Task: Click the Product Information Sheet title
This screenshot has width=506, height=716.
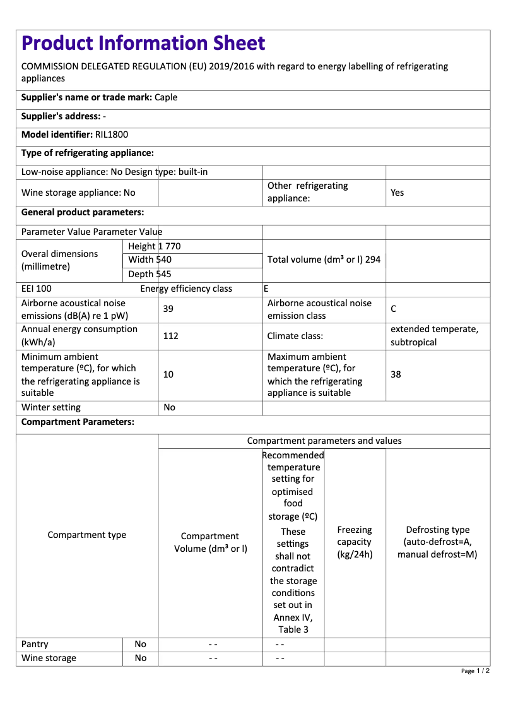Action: coord(143,44)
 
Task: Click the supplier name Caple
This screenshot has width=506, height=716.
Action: coord(166,97)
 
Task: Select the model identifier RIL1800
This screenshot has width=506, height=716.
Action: coord(112,134)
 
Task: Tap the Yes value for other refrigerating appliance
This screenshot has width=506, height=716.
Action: coord(397,193)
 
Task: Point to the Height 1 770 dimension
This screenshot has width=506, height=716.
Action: coord(154,246)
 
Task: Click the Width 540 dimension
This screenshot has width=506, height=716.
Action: coord(150,260)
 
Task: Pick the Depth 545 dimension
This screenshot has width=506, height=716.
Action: coord(150,274)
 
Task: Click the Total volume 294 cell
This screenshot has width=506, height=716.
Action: coord(324,260)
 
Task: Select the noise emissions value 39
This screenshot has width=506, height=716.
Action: coord(168,309)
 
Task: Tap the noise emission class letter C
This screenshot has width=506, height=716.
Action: coord(394,309)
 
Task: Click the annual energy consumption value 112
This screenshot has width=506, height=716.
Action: coord(170,336)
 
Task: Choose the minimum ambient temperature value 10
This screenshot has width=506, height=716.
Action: coord(168,374)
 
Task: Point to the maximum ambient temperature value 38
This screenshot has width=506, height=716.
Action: coord(396,374)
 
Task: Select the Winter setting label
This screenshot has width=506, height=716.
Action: coord(51,407)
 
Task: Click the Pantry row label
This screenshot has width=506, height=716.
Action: coord(35,644)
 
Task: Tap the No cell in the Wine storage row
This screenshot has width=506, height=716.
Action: coord(140,658)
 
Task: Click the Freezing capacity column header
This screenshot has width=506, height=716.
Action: coord(355,542)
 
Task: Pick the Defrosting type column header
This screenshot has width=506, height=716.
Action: coord(437,542)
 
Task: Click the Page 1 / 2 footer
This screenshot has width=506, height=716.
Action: coord(475,671)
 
